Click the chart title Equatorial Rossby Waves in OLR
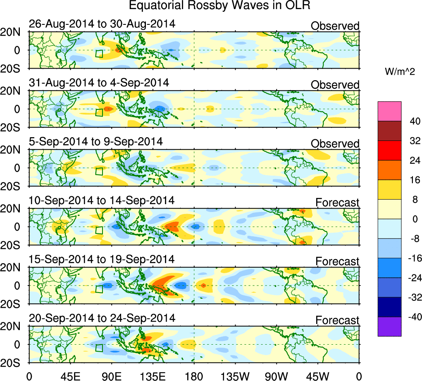point(219,6)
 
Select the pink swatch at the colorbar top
point(389,111)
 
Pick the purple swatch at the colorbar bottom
point(389,326)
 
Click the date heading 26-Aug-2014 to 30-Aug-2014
point(102,24)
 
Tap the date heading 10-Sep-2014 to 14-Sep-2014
point(102,200)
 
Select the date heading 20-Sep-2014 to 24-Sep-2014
point(102,318)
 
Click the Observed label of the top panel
point(335,26)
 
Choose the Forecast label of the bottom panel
point(337,320)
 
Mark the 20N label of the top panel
point(14,33)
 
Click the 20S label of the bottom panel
point(14,362)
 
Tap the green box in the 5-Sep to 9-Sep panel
point(99,171)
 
